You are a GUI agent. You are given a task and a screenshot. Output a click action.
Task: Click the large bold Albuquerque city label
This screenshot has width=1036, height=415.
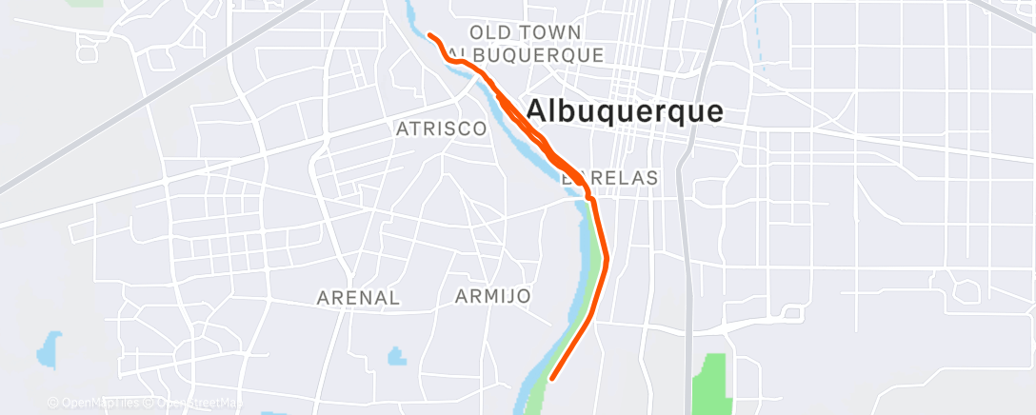coord(624,111)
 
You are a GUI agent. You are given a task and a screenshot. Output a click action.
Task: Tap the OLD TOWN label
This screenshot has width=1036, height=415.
coord(526,32)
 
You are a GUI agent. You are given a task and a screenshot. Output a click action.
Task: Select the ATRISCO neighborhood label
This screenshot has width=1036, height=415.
coord(442,128)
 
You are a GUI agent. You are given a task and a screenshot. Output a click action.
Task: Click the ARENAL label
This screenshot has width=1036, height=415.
coord(358,298)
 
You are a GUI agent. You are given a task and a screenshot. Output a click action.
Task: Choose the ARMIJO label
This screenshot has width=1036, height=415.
coord(492,295)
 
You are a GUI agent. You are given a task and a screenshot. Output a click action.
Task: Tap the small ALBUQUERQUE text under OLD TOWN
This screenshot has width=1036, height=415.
coord(527,55)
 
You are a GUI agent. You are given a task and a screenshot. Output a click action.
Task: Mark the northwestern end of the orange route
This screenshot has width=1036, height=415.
coord(430,35)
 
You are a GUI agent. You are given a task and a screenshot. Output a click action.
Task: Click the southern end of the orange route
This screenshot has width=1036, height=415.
coord(551,379)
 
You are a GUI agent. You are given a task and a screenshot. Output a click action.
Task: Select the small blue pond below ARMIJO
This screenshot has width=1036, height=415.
coord(397,357)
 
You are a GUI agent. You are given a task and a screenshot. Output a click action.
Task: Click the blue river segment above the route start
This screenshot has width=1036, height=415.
coord(411,14)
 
